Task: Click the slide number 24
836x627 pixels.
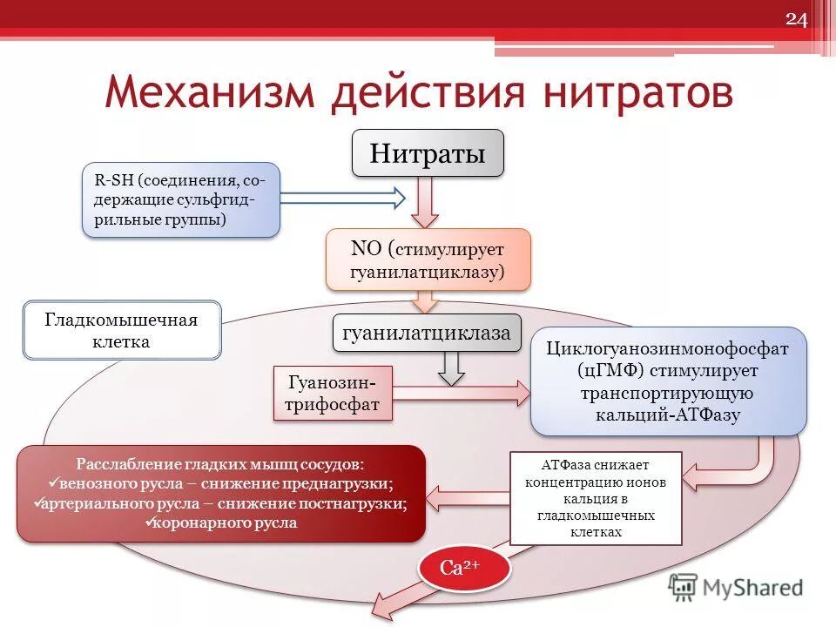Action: click(x=797, y=21)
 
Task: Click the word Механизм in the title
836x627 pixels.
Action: click(x=208, y=93)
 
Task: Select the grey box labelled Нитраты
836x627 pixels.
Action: click(x=427, y=153)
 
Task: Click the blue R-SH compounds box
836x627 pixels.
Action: click(x=181, y=199)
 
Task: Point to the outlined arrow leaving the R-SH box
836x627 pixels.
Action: click(x=343, y=199)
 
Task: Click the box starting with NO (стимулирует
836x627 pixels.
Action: click(x=427, y=260)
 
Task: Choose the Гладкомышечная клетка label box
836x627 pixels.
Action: click(x=122, y=331)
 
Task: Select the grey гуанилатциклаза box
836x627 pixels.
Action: click(x=427, y=334)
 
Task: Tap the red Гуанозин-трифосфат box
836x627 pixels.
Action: click(x=333, y=394)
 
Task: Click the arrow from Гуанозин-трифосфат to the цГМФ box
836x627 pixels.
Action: click(x=462, y=394)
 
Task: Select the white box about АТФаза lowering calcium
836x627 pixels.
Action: click(x=595, y=499)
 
